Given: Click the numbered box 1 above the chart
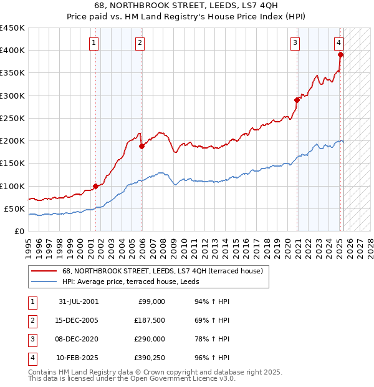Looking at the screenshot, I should point(93,43).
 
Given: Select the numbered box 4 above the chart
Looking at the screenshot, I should point(338,43).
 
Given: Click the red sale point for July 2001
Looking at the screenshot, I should point(96,186).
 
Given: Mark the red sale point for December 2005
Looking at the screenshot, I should point(141,146).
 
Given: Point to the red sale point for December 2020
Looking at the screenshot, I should point(297,100).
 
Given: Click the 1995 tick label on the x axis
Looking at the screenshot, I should point(29,244).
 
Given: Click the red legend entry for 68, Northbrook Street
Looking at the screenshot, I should point(162,271).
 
